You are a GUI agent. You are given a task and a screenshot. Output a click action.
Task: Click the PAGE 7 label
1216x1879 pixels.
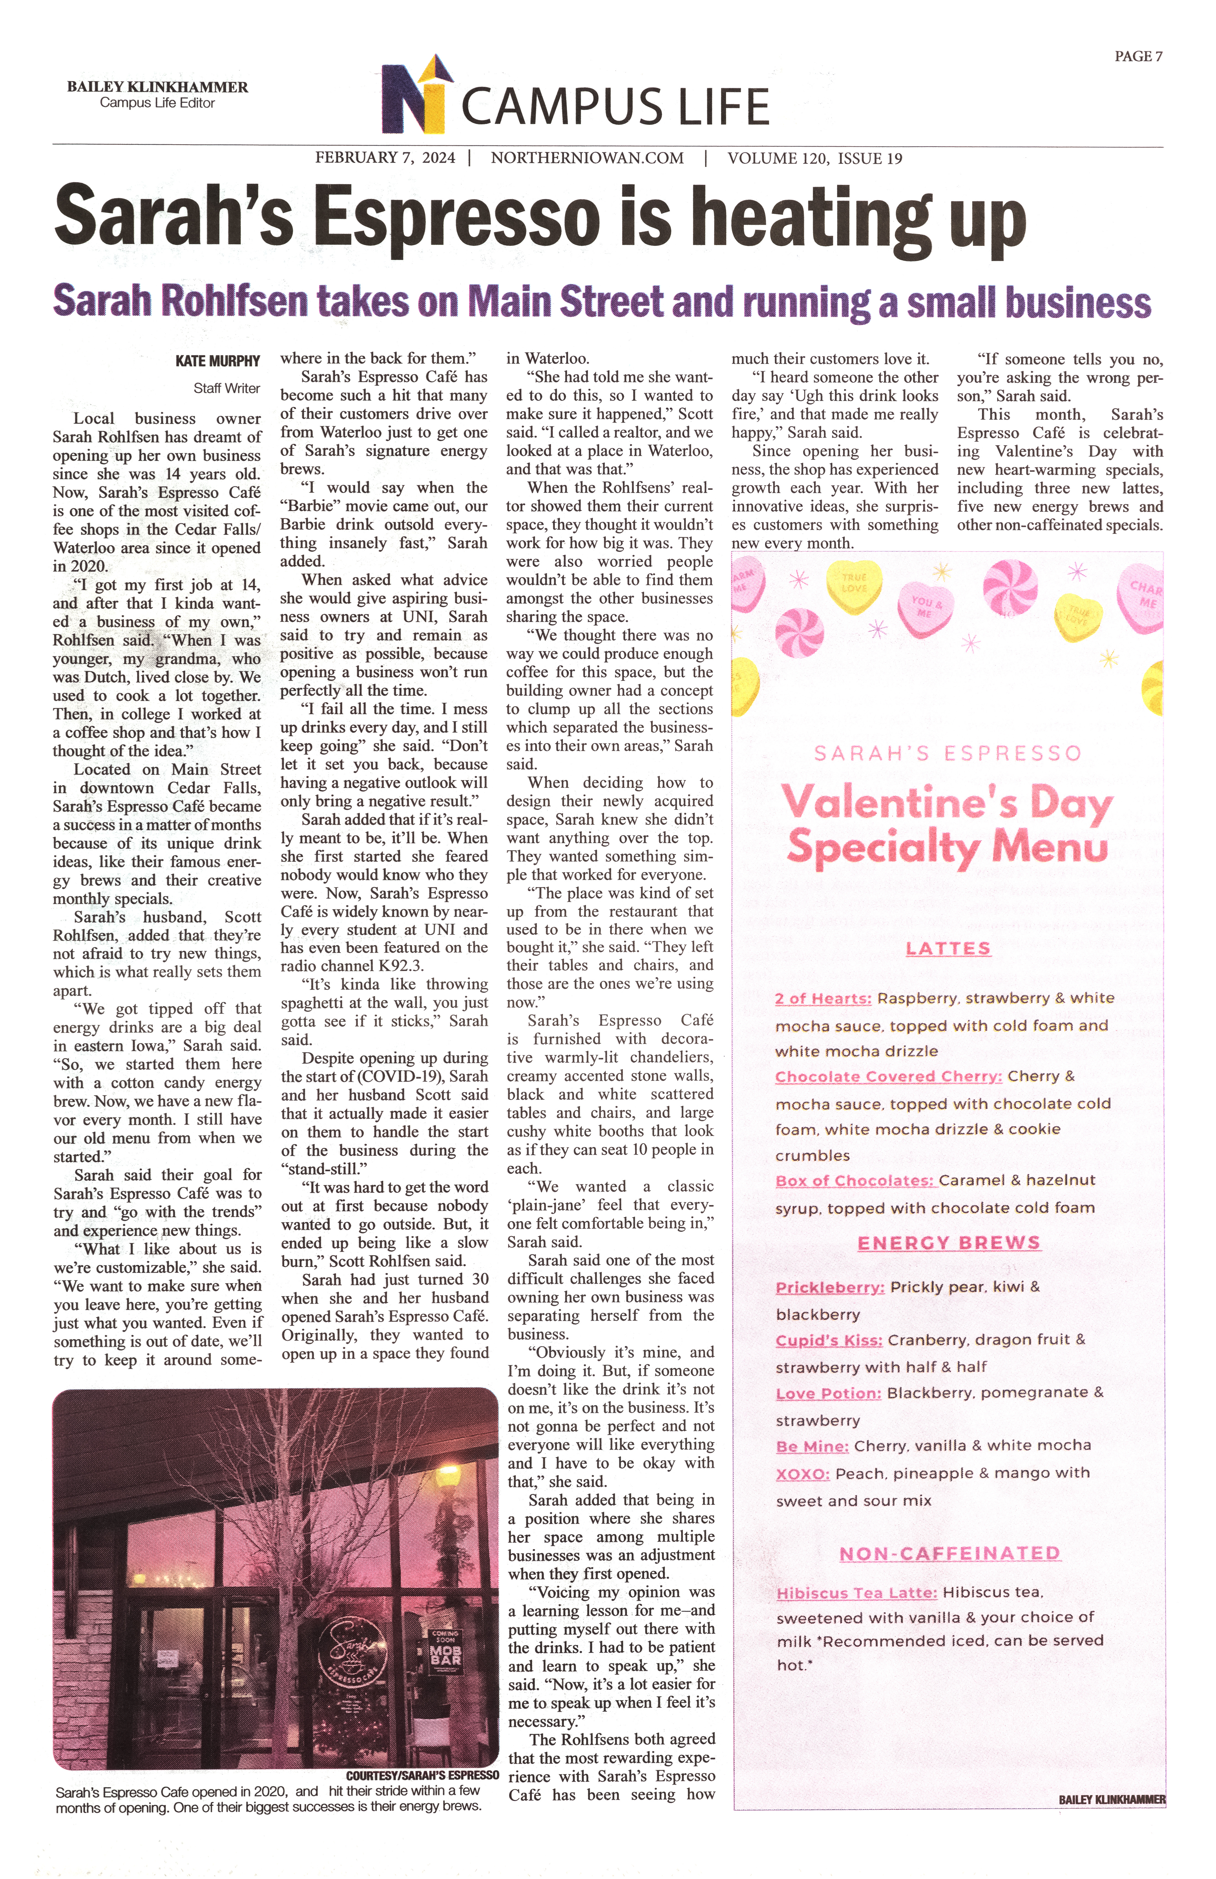click(1138, 56)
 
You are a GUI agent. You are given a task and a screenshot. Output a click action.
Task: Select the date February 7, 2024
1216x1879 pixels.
click(385, 158)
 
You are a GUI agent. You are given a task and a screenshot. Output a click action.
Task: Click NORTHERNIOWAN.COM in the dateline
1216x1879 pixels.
click(587, 158)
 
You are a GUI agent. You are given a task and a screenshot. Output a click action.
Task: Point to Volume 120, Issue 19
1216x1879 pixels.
click(814, 158)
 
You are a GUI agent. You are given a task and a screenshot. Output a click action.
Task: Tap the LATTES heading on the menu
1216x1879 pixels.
click(948, 948)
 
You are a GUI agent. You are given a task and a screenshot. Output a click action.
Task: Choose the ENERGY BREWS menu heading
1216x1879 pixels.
click(948, 1243)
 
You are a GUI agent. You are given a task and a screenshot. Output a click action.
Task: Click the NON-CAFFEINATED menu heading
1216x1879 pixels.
click(949, 1553)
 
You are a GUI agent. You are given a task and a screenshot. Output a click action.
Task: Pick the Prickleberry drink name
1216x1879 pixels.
click(829, 1287)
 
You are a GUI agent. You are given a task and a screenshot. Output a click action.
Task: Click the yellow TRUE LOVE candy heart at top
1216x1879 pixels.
click(854, 583)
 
